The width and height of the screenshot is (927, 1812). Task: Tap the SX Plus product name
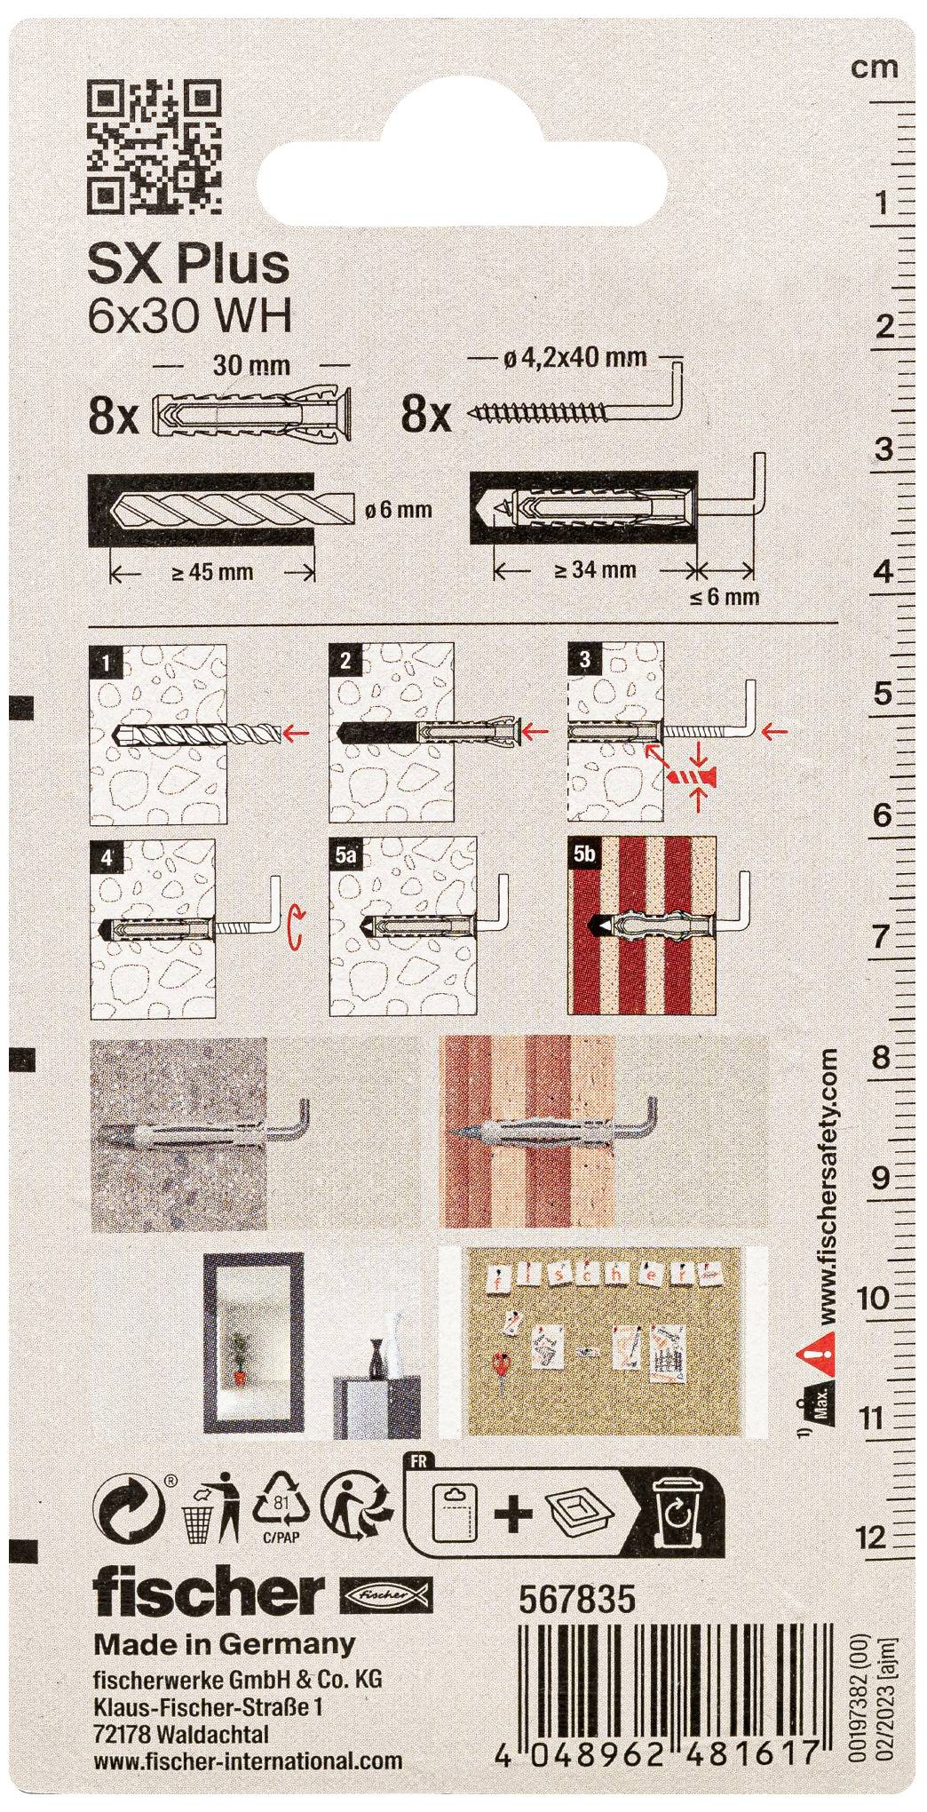tap(189, 264)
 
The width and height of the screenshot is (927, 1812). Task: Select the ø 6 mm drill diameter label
tap(398, 509)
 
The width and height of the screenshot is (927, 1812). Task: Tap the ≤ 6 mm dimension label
tap(725, 596)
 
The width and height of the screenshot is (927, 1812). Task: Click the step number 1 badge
tap(107, 661)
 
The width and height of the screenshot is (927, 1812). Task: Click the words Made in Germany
tap(225, 1642)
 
